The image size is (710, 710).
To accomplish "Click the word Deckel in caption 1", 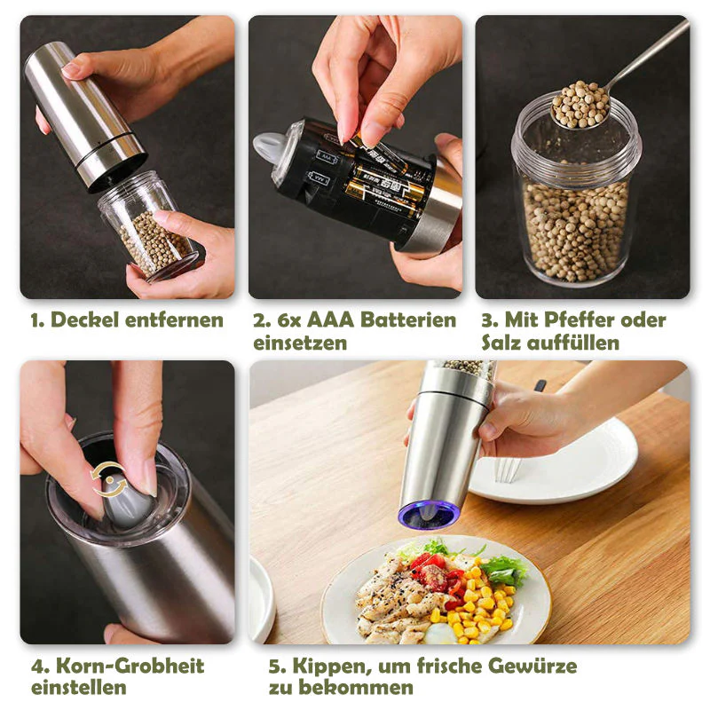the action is (84, 320).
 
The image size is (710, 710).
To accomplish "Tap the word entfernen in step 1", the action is (174, 320).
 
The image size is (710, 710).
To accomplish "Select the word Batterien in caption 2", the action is (408, 320).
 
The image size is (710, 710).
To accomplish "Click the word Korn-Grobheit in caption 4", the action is (130, 667).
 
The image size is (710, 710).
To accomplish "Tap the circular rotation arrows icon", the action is (108, 480).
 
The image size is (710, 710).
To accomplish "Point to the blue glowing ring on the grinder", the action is (430, 515).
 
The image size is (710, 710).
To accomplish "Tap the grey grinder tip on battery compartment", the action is (270, 148).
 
